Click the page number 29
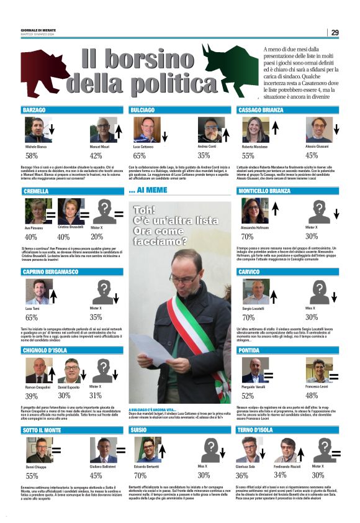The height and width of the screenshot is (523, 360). (x=335, y=32)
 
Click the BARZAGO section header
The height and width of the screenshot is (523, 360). (x=35, y=110)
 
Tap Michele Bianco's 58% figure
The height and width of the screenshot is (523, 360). (x=32, y=156)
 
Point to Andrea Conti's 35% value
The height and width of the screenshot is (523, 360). (x=204, y=156)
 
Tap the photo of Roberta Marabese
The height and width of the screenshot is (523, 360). (x=254, y=130)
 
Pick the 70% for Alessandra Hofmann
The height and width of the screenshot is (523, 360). (x=247, y=237)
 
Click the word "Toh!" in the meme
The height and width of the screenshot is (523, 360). (x=145, y=211)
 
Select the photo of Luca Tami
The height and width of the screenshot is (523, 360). (x=38, y=291)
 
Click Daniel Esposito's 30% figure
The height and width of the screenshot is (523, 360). (x=64, y=396)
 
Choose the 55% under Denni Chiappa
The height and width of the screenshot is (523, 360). (x=32, y=476)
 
